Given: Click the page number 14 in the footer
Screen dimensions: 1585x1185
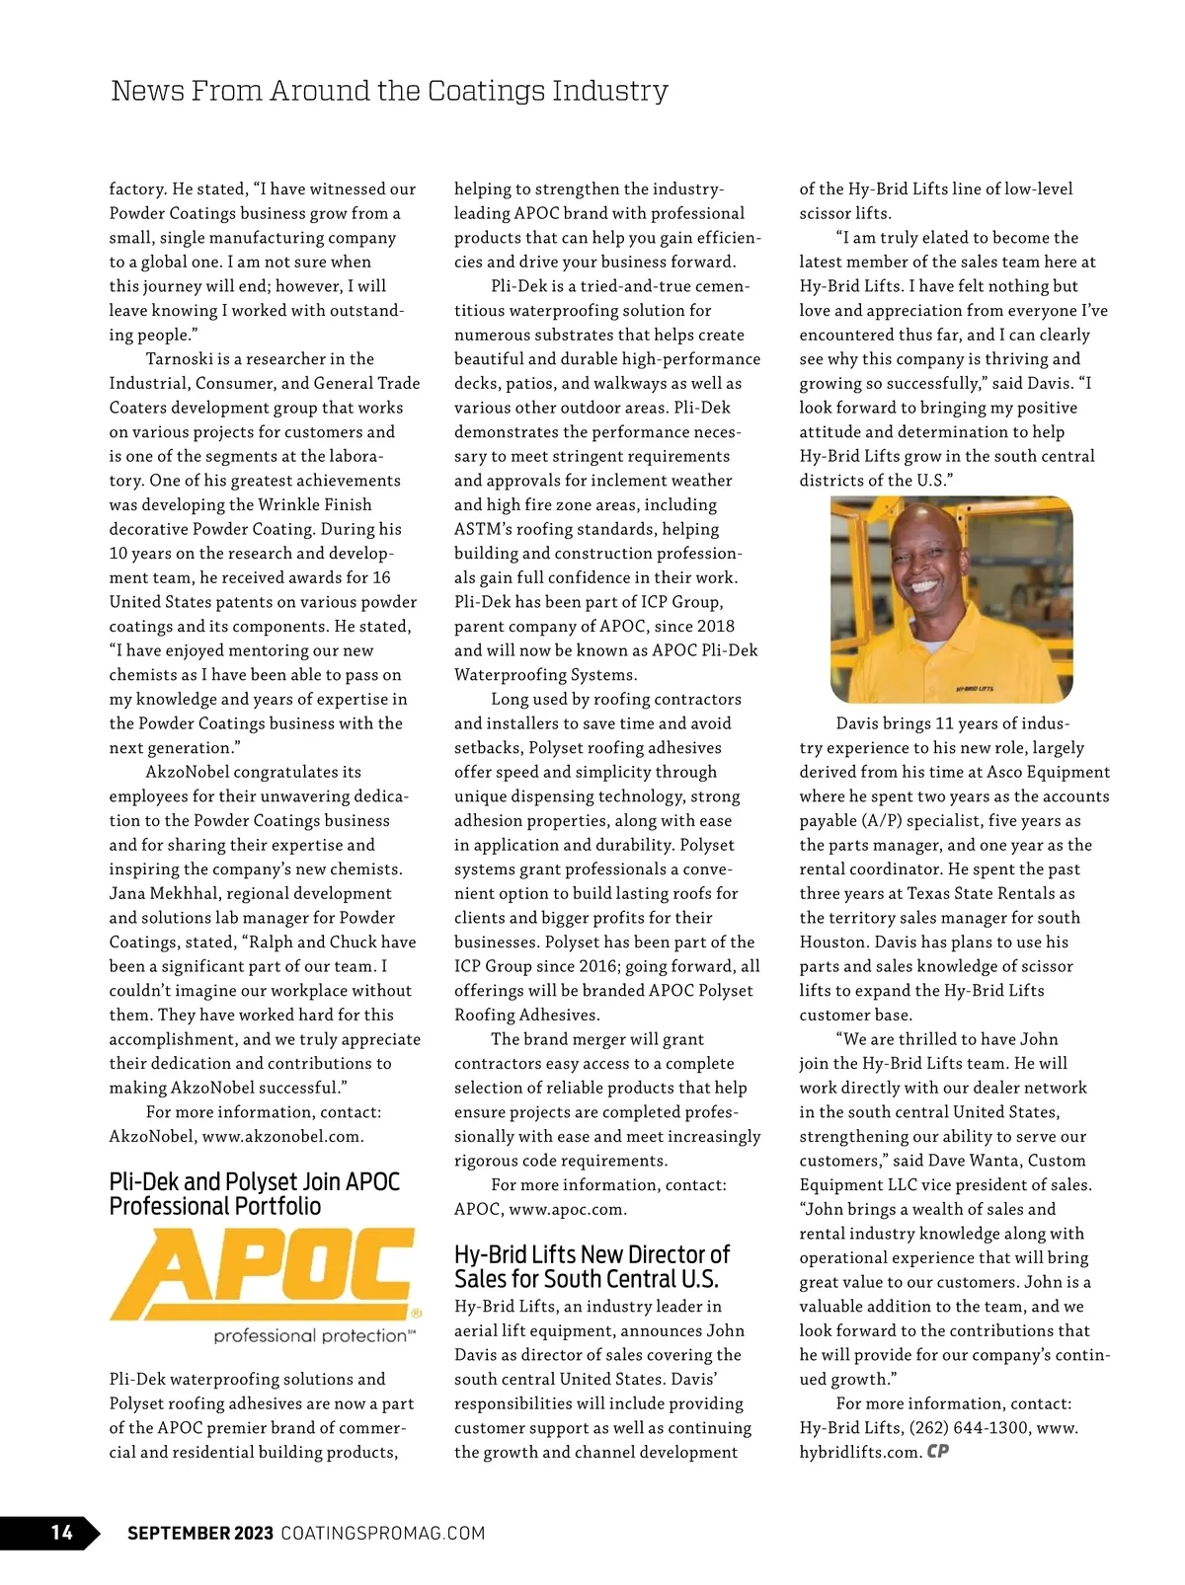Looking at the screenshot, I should point(61,1532).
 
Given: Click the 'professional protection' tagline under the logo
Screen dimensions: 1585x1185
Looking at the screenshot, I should point(309,1335).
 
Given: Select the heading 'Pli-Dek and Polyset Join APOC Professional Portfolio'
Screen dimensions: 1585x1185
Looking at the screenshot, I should point(255,1194).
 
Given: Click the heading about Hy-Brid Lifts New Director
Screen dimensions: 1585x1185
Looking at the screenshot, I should point(592,1266).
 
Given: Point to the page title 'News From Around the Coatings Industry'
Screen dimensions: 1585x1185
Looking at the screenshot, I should point(389,91).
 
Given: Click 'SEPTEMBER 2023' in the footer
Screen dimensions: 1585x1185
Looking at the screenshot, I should point(200,1533).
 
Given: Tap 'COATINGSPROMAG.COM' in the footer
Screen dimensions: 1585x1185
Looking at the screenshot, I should point(383,1533).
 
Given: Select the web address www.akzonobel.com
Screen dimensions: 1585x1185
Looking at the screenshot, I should point(282,1136).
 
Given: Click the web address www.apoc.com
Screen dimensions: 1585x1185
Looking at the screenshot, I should point(568,1209).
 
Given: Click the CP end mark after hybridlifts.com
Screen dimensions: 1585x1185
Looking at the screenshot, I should point(938,1452).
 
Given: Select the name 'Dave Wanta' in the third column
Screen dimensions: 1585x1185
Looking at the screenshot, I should point(996,1161).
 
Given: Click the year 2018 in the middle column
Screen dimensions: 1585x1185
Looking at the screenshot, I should point(715,627).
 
